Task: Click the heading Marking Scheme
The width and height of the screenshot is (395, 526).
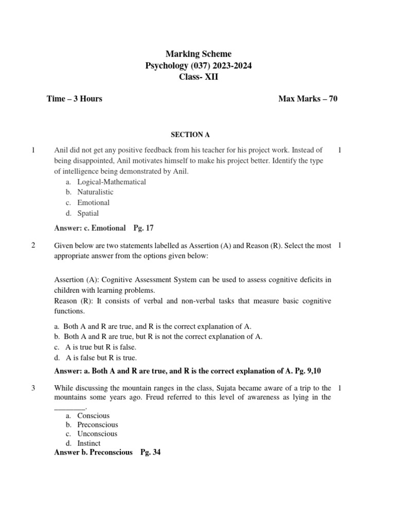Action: (198, 54)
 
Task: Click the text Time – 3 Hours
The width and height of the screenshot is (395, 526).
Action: (74, 99)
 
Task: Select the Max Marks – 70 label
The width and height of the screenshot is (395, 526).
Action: (308, 99)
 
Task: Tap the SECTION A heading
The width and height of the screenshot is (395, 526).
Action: (190, 135)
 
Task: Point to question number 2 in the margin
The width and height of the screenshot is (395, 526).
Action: (33, 246)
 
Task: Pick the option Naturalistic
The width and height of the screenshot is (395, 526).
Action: (95, 192)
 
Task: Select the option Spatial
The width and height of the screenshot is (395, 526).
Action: (88, 213)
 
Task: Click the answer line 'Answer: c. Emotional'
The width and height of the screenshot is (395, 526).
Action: (90, 228)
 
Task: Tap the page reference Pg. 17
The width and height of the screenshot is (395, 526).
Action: (143, 228)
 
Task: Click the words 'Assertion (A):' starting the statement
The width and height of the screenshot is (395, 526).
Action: (77, 279)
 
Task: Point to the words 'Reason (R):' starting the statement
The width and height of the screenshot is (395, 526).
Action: (73, 300)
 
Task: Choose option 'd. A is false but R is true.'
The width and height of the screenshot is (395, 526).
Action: (95, 358)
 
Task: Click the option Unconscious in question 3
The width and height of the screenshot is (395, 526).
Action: (97, 434)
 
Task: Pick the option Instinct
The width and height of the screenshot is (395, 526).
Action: (89, 443)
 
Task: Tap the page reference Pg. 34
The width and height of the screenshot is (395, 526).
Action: (150, 453)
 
